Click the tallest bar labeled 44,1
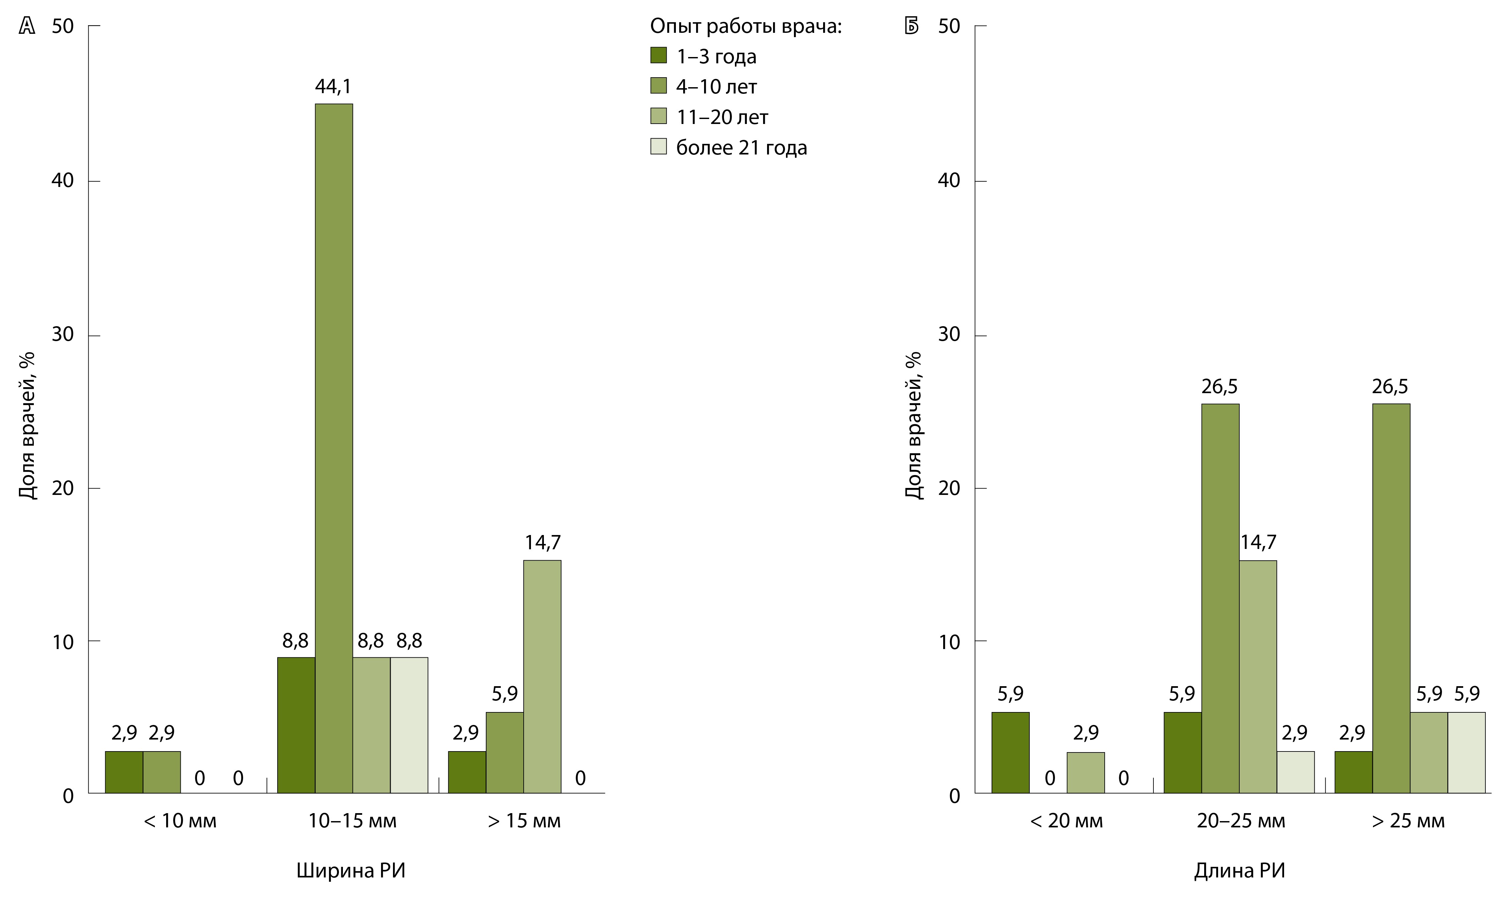tap(334, 448)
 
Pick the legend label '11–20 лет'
tap(721, 117)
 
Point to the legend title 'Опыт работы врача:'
tap(745, 26)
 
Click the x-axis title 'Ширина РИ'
tap(351, 870)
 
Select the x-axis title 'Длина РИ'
tap(1239, 870)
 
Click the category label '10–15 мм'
tap(352, 821)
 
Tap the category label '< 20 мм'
tap(1067, 821)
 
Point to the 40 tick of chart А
tap(62, 180)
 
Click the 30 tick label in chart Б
tap(949, 334)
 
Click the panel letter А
tap(27, 26)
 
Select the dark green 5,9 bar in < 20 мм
tap(1010, 752)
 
